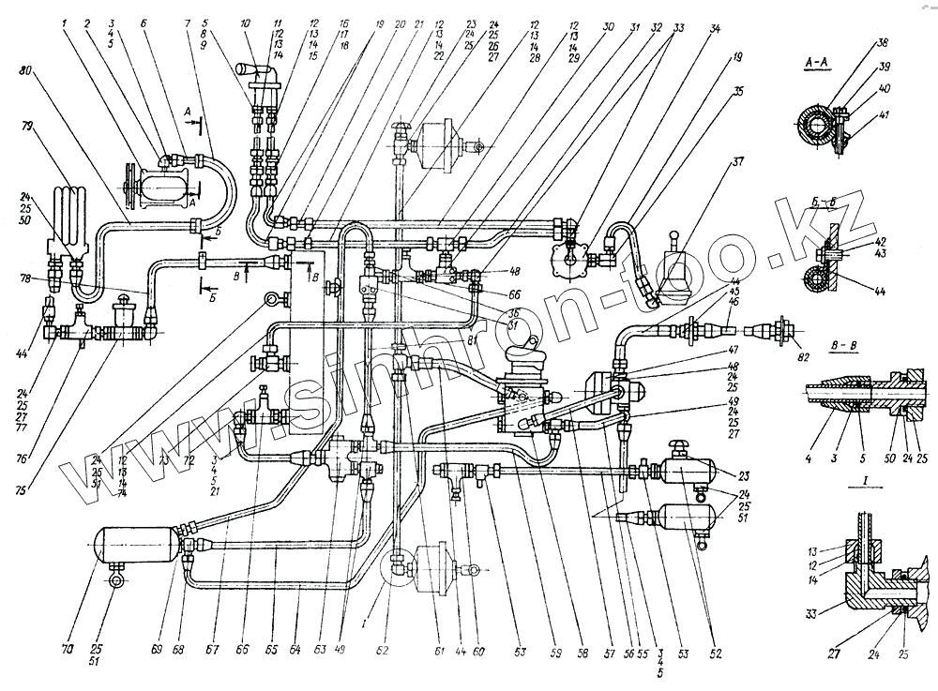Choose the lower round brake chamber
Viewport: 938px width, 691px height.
click(429, 566)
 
